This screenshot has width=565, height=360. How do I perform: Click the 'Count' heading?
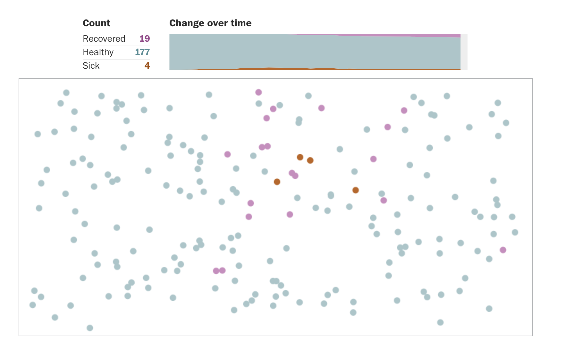point(96,23)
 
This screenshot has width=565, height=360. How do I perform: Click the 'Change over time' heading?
point(210,23)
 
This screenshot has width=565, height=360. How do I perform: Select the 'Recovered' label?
point(104,39)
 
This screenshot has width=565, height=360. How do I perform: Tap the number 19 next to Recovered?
point(145,39)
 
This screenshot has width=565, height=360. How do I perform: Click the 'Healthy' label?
point(98,52)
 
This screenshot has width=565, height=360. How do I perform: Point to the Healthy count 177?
point(142,52)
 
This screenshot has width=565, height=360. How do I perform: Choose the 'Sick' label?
point(91,66)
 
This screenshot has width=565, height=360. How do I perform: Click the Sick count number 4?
point(147,66)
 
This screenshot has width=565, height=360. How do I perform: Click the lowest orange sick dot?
point(355,190)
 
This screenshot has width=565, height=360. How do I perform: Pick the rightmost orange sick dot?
point(355,190)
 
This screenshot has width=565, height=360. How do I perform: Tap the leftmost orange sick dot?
point(277,182)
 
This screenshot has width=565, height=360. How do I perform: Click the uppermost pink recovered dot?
point(258,92)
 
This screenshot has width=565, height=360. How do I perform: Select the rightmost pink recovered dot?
point(503,250)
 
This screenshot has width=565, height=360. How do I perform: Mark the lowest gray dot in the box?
point(90,328)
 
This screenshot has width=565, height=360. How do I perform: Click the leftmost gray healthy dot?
point(33,305)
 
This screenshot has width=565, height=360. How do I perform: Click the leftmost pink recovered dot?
point(216,271)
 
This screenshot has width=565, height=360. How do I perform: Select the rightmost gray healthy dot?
point(515,232)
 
